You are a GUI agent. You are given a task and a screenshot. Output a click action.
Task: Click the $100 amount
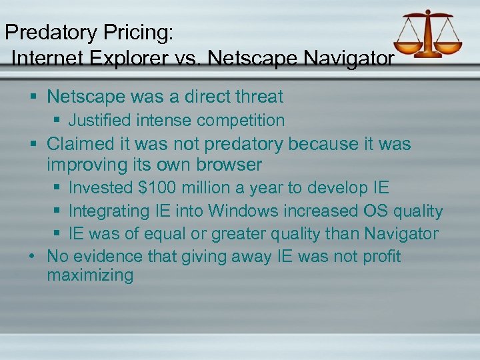point(157,188)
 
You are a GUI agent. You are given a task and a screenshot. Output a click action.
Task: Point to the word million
point(207,188)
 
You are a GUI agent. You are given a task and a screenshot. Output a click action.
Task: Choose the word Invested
point(101,188)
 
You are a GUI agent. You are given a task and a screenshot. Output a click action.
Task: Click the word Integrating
point(111,211)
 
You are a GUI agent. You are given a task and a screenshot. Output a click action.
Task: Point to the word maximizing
point(90,276)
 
